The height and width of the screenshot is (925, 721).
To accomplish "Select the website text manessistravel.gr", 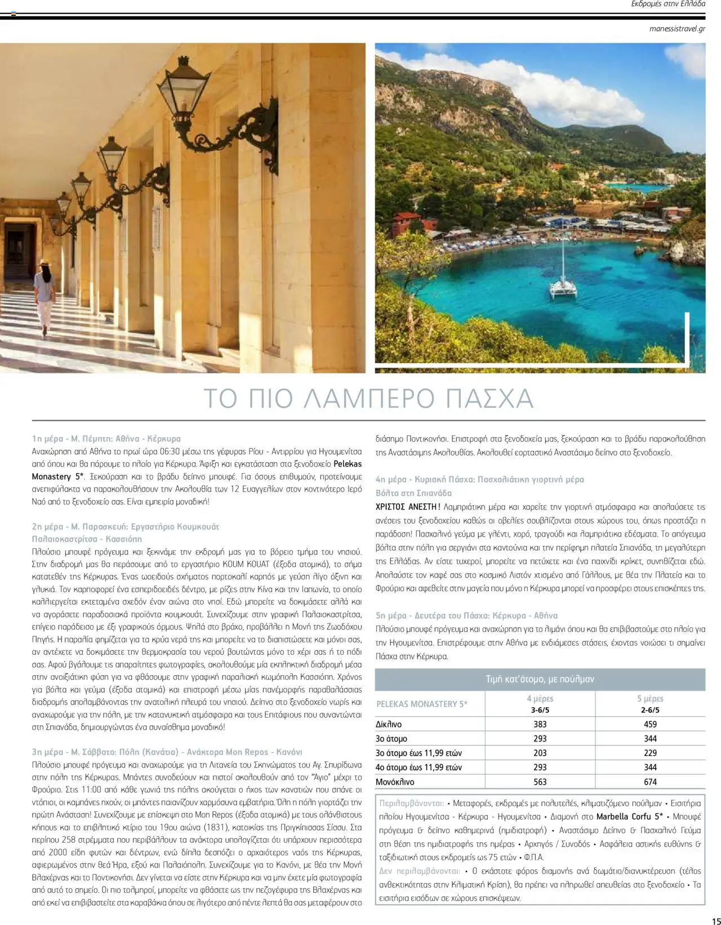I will [677, 29].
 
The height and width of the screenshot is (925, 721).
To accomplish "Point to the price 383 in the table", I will [540, 724].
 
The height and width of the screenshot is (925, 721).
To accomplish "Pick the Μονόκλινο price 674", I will [650, 782].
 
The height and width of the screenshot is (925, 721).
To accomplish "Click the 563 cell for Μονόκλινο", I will [540, 782].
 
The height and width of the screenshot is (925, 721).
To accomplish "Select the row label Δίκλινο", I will [389, 725].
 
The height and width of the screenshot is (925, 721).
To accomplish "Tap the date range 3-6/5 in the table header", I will [540, 710].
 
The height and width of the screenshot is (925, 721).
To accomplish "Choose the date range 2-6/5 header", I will [650, 710].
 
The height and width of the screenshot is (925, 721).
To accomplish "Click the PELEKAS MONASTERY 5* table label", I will [422, 704].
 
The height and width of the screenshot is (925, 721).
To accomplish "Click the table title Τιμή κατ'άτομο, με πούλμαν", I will [540, 680].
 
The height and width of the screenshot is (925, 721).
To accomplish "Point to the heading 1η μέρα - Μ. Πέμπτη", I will [106, 439].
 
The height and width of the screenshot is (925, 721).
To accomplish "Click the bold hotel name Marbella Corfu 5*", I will [629, 817].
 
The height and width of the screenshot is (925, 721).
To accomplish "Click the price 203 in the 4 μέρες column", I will [540, 753].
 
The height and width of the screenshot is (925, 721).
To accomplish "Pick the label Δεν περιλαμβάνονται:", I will [420, 871].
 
